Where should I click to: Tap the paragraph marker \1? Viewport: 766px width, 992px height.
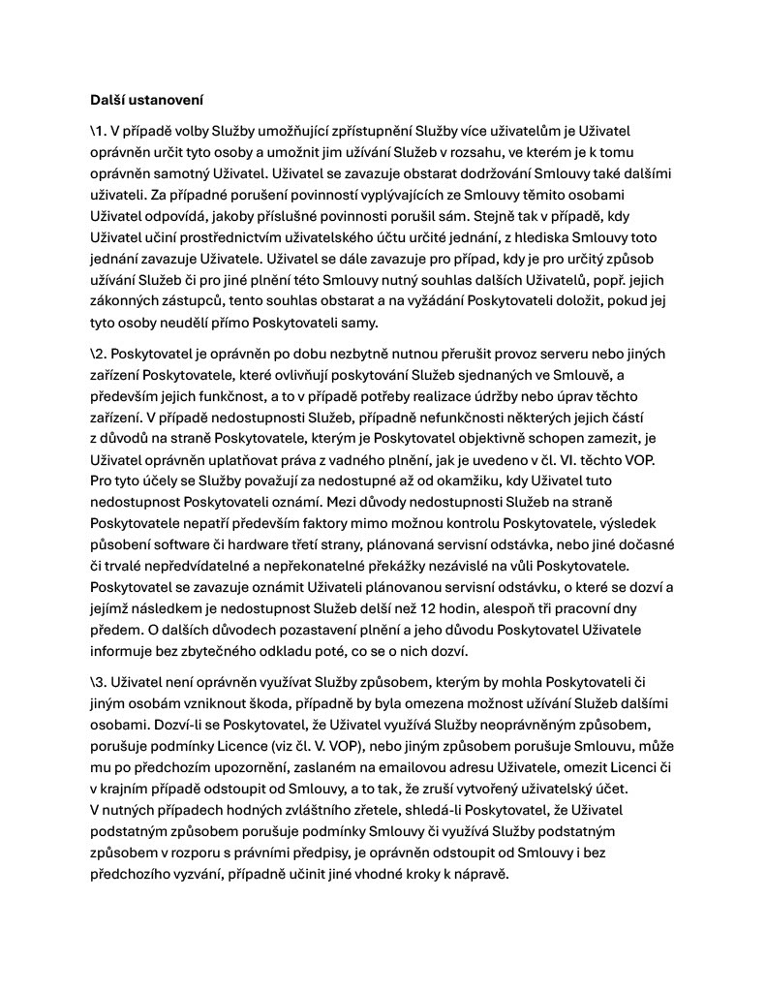(x=98, y=130)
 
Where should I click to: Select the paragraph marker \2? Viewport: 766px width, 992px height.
(x=98, y=354)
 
